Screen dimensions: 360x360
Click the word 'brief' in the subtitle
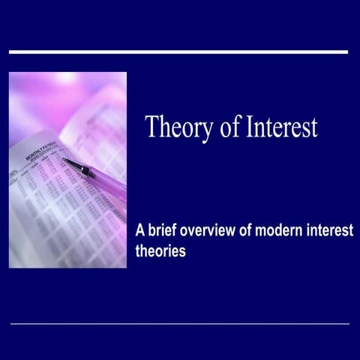click(166, 230)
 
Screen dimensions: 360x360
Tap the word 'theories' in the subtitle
click(160, 251)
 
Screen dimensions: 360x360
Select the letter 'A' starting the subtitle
click(139, 230)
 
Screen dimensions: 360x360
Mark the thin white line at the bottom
click(180, 323)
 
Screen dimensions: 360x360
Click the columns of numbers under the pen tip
click(60, 202)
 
